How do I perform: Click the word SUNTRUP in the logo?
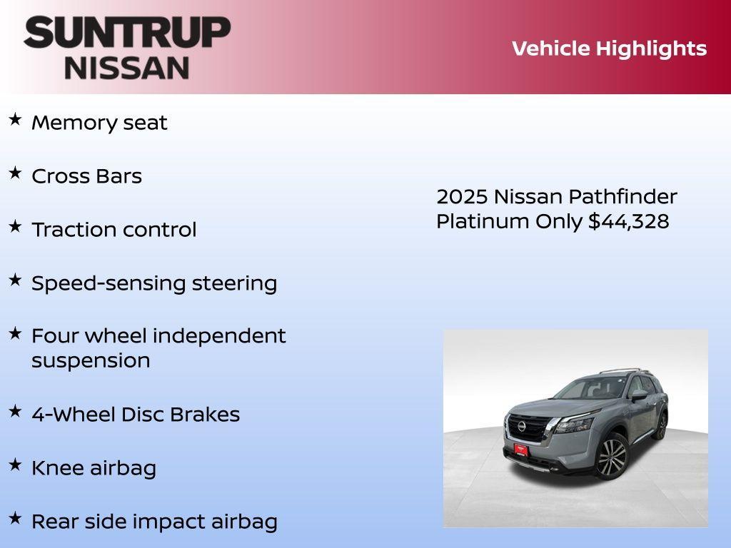pos(127,33)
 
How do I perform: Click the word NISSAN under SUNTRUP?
pos(127,67)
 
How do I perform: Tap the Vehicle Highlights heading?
pos(609,49)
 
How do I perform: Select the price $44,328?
pos(629,221)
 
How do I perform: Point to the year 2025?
pos(462,196)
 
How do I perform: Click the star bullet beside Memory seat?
pos(15,119)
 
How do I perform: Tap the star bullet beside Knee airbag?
pos(15,465)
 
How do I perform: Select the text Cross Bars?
pos(86,176)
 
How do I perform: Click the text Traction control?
pos(114,230)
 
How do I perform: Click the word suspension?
pos(91,360)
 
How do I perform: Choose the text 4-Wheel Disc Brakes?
pos(136,415)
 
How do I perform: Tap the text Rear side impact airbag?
pos(154,522)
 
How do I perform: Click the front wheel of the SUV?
pos(611,457)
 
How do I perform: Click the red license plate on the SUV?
pos(520,450)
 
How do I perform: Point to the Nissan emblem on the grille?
pos(522,426)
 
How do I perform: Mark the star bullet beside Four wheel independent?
pos(15,333)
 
